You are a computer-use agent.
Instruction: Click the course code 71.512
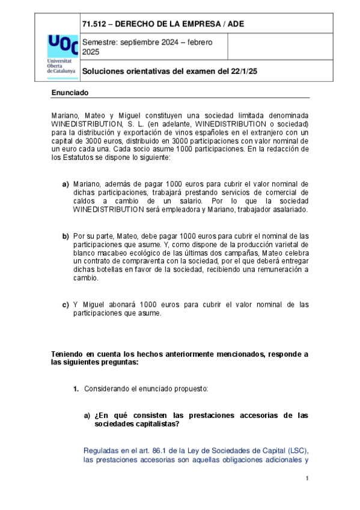95,23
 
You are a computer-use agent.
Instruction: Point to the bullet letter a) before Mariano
66,183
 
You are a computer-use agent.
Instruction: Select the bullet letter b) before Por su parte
66,236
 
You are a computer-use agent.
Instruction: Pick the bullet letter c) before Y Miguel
66,304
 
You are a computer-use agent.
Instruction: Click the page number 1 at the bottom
307,479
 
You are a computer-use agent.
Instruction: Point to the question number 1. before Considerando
76,389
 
